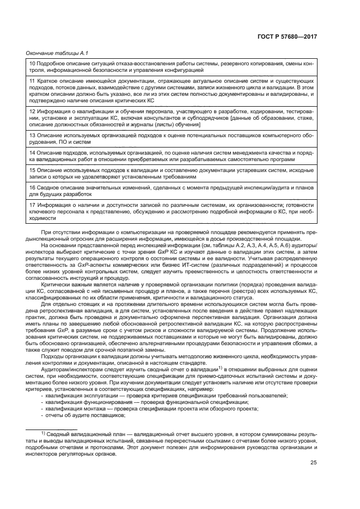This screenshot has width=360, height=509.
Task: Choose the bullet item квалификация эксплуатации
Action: [82, 395]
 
